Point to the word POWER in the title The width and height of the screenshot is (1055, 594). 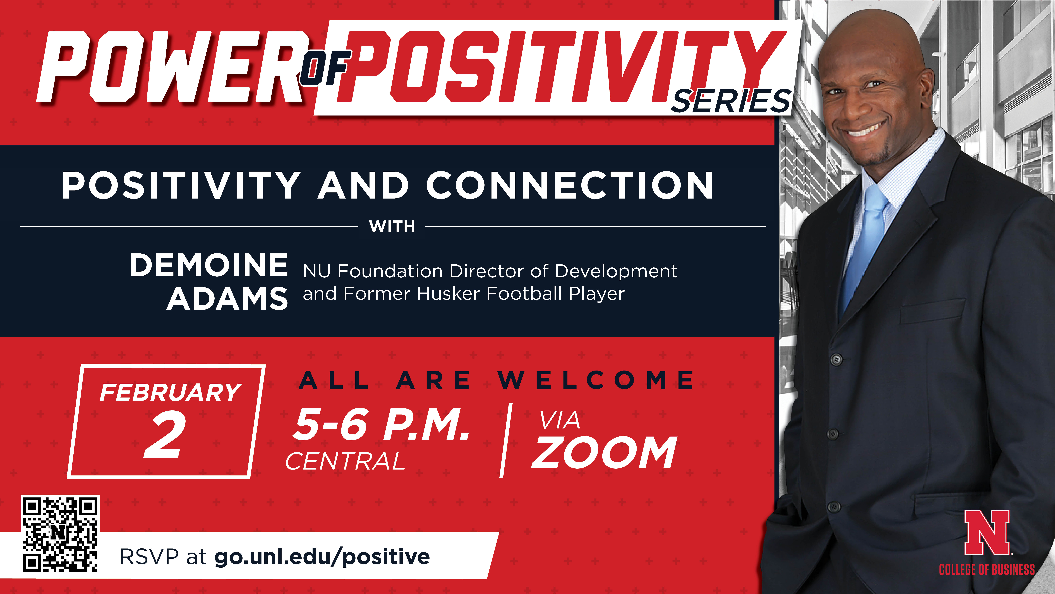tap(172, 68)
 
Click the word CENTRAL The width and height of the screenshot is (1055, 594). tap(345, 462)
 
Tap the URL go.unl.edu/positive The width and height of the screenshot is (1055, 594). tap(322, 557)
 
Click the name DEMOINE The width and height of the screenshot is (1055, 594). tap(209, 265)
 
